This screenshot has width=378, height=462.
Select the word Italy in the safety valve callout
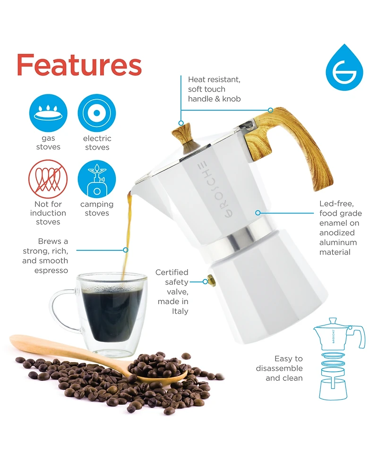(x=180, y=311)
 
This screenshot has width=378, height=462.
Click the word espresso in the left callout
(x=51, y=271)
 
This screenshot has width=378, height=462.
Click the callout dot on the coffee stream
(x=126, y=249)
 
